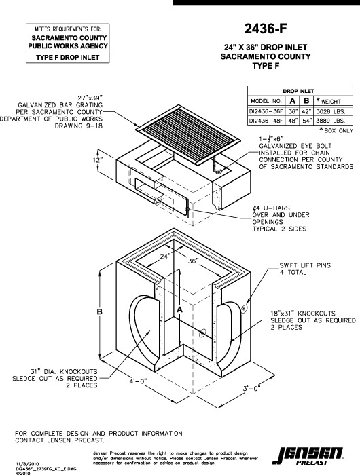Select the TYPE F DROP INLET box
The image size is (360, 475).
click(67, 58)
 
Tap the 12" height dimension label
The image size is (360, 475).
click(98, 159)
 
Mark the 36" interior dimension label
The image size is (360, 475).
click(193, 261)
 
